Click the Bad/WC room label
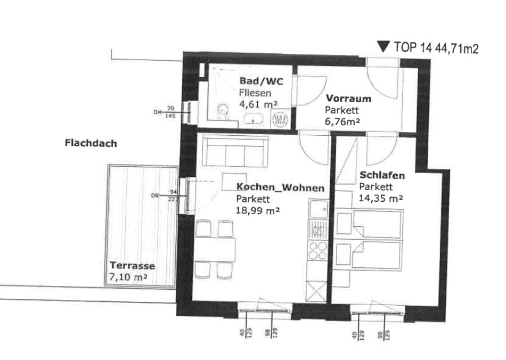tap(261, 80)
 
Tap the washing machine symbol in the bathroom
tap(280, 120)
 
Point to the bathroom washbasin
tap(254, 119)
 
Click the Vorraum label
tap(348, 99)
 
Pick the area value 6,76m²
tap(342, 121)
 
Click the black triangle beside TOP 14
tap(383, 46)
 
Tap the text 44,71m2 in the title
tap(456, 48)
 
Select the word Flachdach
tap(91, 143)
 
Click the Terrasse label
tap(132, 266)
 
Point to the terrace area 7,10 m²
tap(128, 277)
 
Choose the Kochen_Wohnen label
tap(280, 187)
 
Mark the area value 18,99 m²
tap(258, 210)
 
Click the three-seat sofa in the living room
tap(235, 151)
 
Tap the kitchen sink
tap(318, 209)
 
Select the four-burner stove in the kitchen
tap(318, 251)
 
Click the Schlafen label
tap(382, 175)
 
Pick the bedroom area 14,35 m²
tap(381, 198)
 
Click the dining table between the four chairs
tap(215, 250)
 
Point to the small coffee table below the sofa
tap(234, 182)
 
